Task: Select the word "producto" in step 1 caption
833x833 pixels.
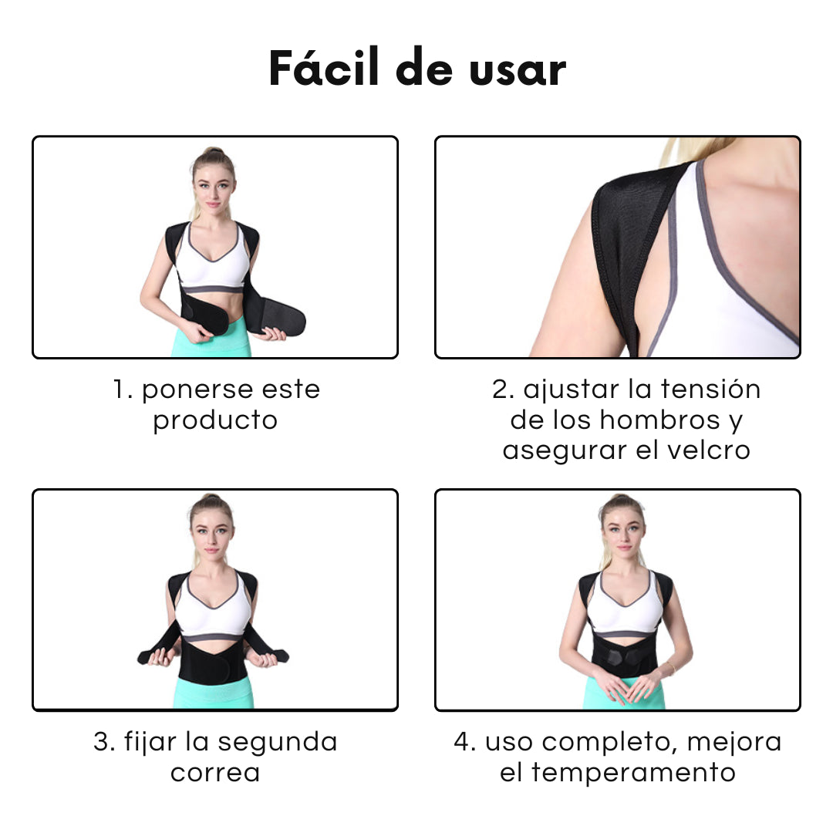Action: (214, 421)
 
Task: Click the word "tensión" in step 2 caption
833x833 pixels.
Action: (710, 390)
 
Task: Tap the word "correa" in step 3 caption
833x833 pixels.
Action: (214, 773)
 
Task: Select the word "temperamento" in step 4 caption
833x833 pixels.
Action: (632, 773)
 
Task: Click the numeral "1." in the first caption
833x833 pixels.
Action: (123, 390)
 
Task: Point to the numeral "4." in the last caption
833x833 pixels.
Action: (465, 742)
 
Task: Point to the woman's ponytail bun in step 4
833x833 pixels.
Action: (622, 501)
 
